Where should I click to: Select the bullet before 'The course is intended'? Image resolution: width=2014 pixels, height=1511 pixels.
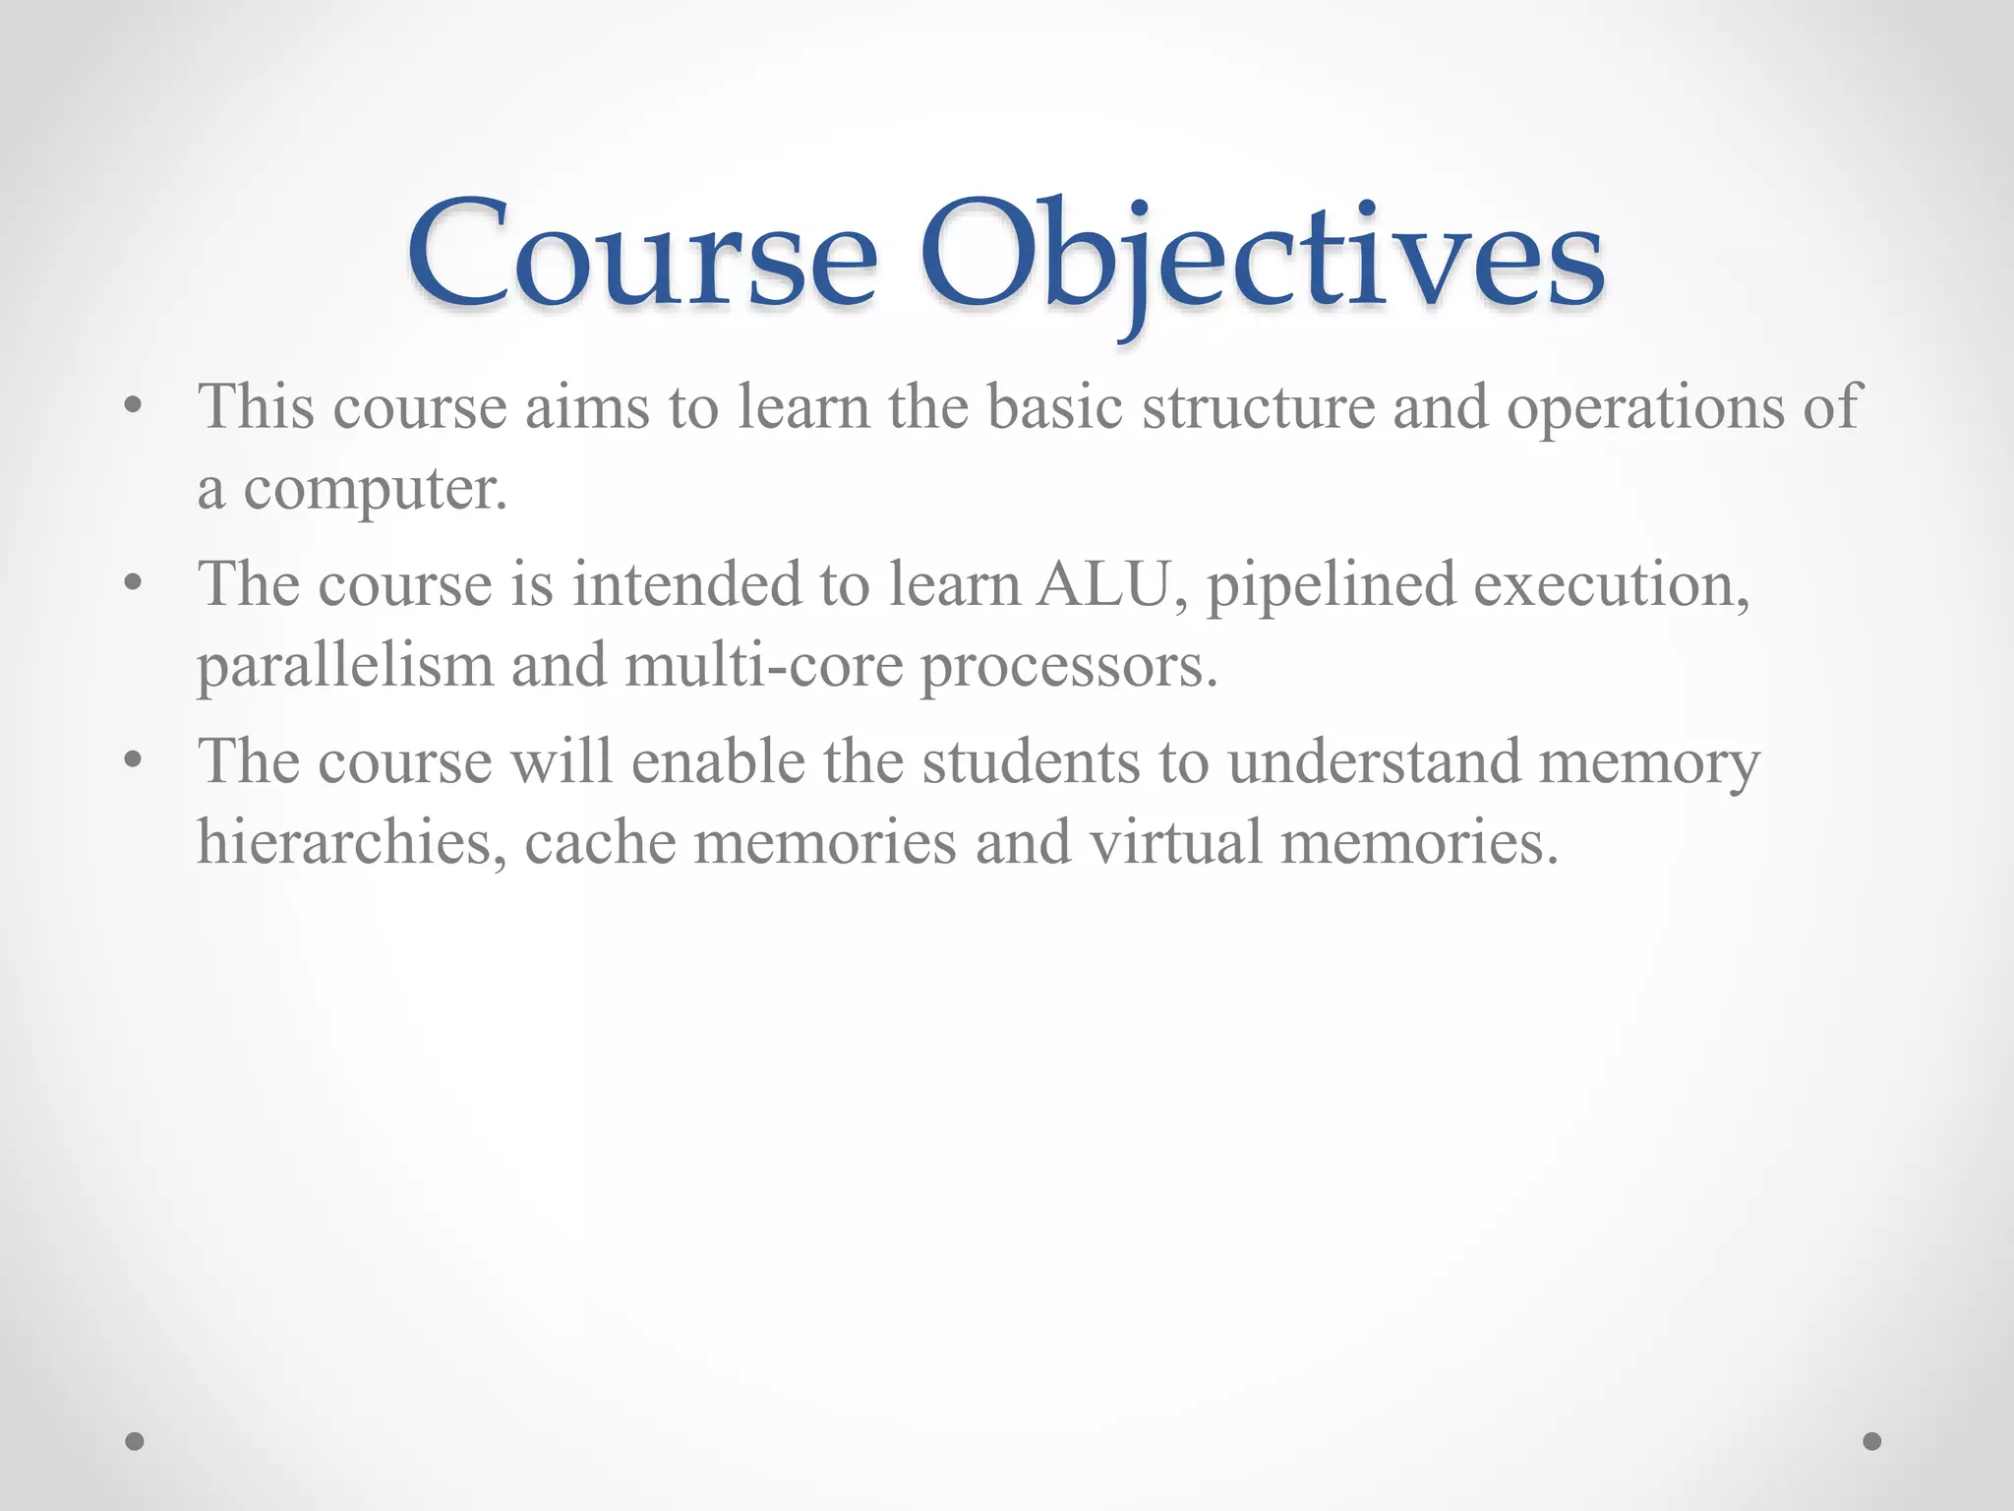pyautogui.click(x=134, y=584)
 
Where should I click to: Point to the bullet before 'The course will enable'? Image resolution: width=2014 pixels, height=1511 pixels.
pyautogui.click(x=134, y=761)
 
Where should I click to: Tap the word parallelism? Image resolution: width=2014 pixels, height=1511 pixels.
pyautogui.click(x=344, y=667)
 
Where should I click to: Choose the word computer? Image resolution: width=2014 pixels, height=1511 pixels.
pyautogui.click(x=375, y=489)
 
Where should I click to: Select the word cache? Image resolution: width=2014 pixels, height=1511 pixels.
pyautogui.click(x=600, y=842)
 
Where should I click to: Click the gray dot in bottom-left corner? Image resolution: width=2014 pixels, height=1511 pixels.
pyautogui.click(x=135, y=1441)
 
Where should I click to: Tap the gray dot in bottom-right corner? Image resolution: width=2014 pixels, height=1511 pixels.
pyautogui.click(x=1872, y=1441)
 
